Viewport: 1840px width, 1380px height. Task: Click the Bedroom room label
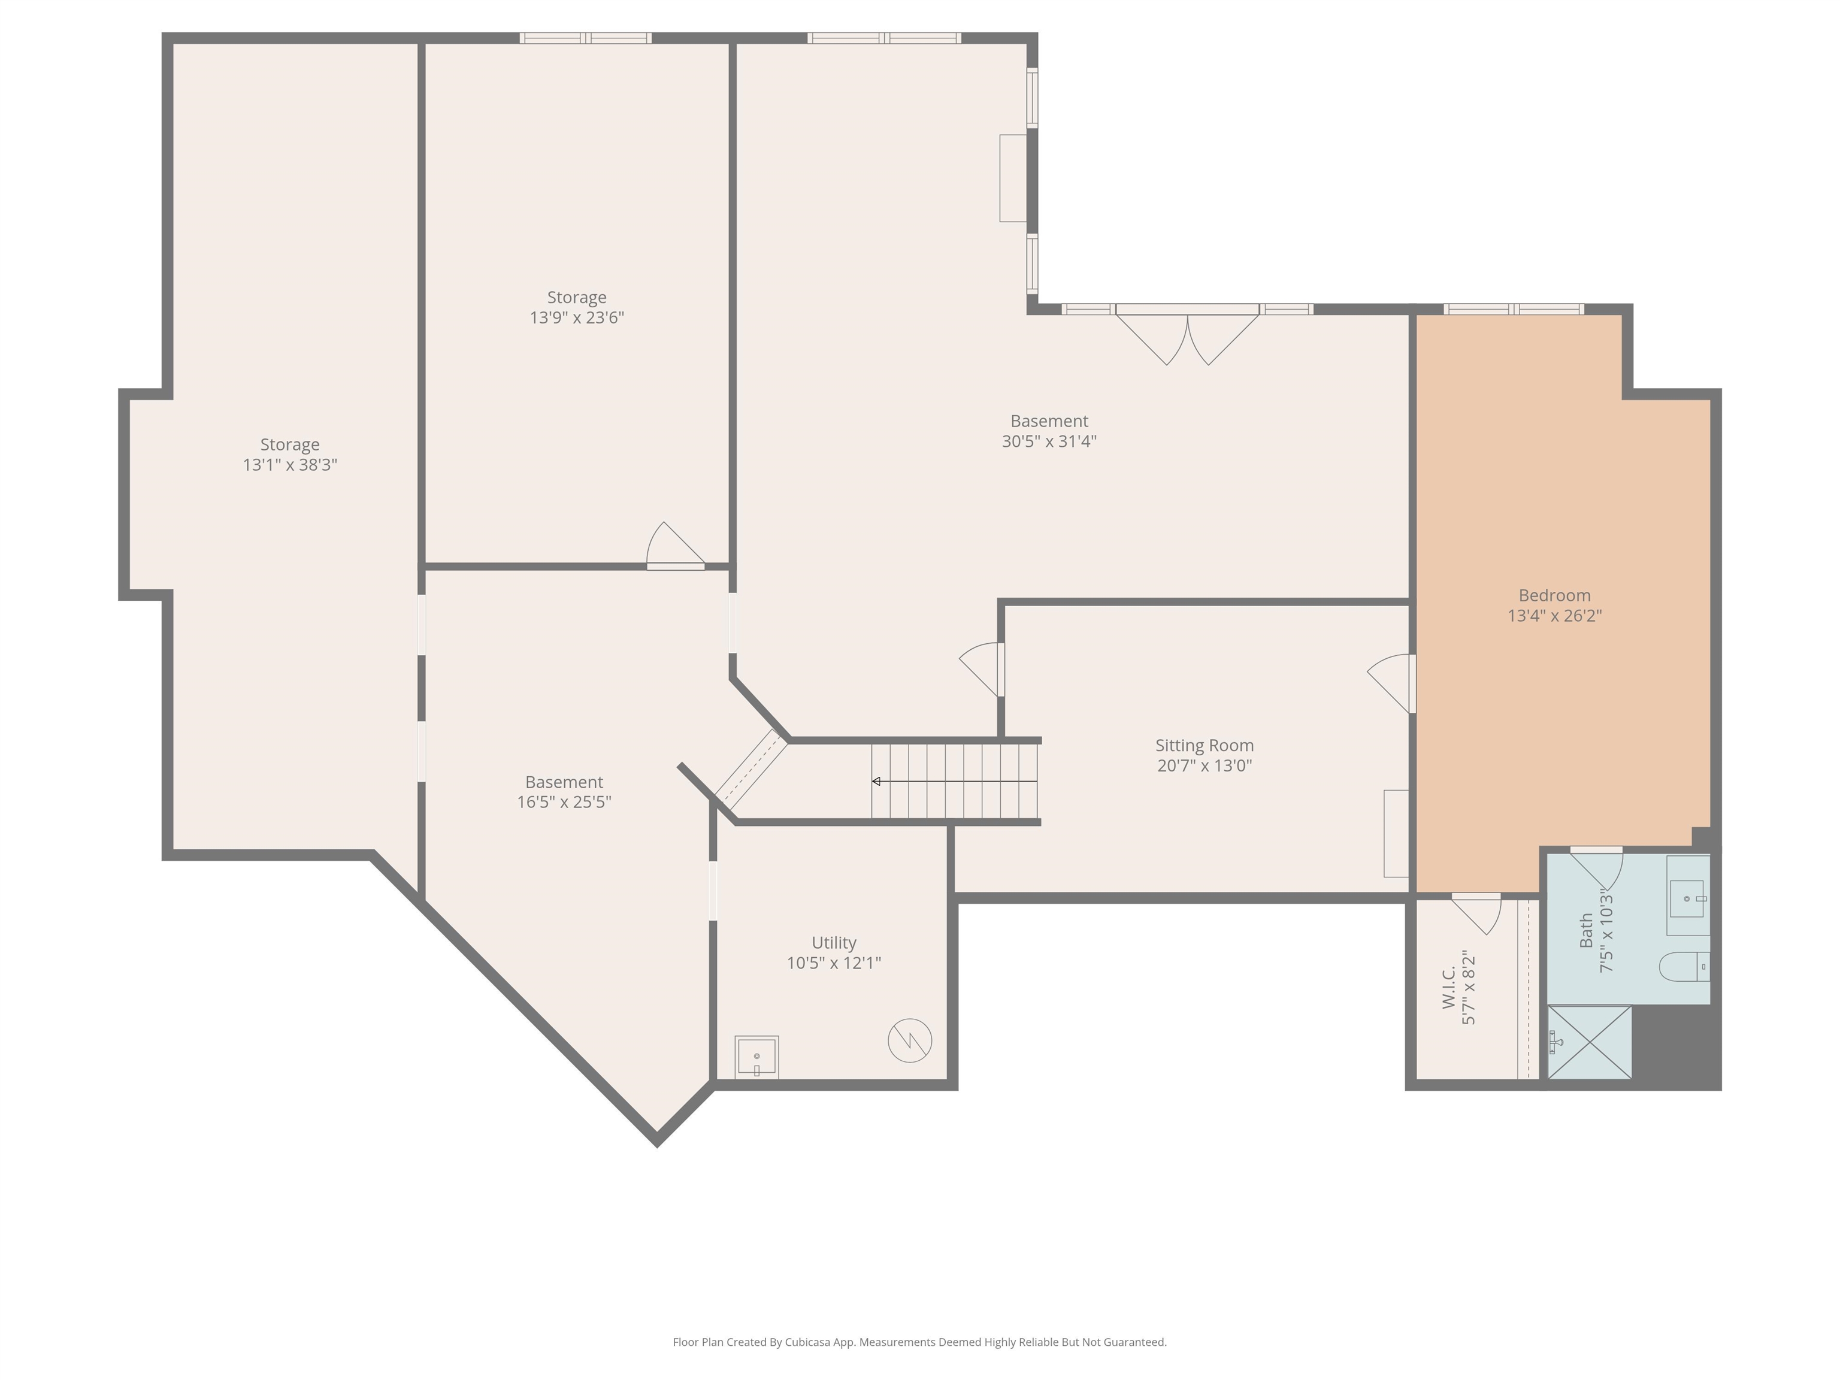click(1554, 595)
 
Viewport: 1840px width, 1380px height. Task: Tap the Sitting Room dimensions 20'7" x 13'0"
click(1204, 765)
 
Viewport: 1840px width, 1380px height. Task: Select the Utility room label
click(834, 942)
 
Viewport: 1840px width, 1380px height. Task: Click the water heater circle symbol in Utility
click(909, 1040)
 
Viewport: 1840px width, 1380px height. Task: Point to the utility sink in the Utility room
click(756, 1057)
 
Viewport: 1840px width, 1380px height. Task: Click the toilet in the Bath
click(1683, 967)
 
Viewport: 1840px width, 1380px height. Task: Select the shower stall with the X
click(1589, 1042)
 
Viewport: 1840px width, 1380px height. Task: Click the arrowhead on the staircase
click(876, 781)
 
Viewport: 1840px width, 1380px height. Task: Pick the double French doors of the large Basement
click(1187, 333)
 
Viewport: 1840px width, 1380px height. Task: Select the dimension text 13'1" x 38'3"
click(289, 465)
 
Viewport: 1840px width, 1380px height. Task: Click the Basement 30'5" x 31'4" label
click(1049, 431)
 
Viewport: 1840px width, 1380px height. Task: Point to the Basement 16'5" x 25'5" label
click(564, 792)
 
